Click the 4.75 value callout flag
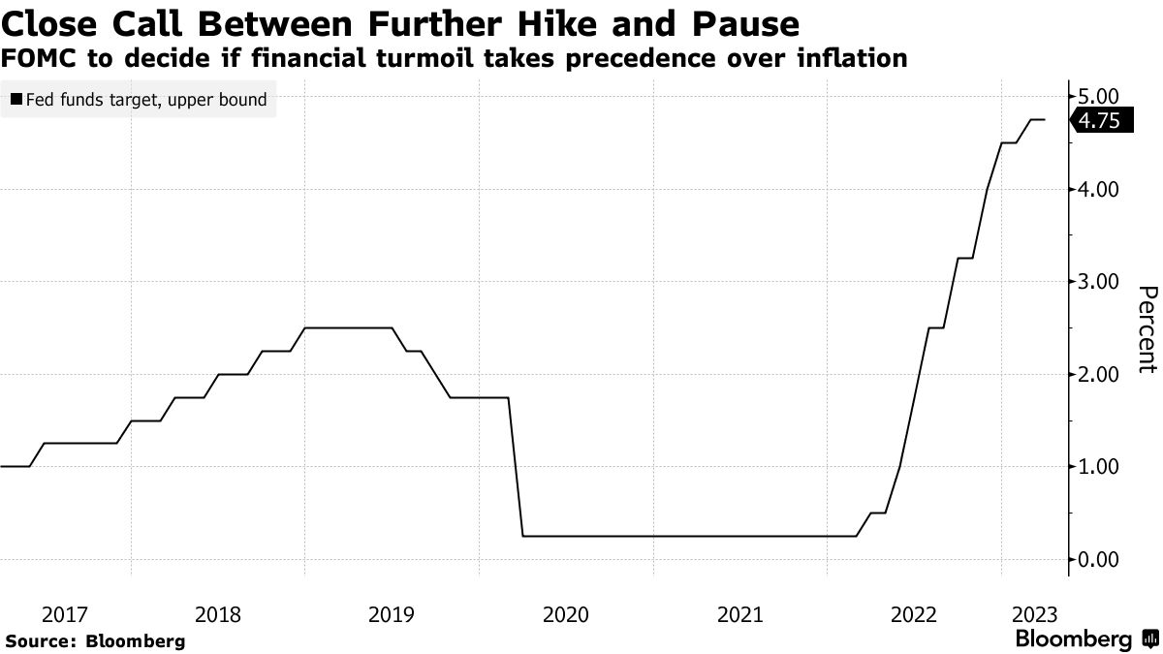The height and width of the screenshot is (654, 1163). click(1099, 120)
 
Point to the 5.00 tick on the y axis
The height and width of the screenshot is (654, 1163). click(1098, 97)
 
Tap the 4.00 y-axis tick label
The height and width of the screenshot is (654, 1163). click(1098, 189)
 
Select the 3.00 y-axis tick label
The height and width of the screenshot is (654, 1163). click(1098, 282)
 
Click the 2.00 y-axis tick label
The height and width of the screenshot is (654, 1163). click(1098, 374)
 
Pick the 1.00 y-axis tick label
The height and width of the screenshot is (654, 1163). click(1098, 466)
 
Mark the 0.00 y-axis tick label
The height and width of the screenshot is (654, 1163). click(1098, 559)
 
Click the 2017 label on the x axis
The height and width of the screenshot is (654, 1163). click(65, 613)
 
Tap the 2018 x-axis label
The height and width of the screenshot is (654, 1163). click(218, 613)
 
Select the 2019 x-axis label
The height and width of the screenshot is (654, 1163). click(392, 613)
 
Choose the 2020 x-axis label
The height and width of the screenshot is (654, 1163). click(566, 613)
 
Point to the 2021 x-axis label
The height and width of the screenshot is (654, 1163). click(740, 613)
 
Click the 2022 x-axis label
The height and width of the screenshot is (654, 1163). click(914, 613)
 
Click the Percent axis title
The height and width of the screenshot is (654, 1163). click(1147, 329)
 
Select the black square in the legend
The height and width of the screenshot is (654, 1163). click(16, 99)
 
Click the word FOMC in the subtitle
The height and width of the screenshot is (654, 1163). click(39, 58)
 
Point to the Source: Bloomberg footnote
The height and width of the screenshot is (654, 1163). click(95, 640)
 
